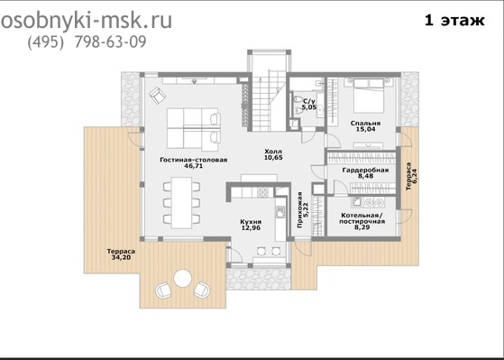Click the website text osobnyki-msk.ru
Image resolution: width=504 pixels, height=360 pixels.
[87, 22]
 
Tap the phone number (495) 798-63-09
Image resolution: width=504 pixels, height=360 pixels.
[87, 42]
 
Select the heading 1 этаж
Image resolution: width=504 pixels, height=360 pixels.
[454, 20]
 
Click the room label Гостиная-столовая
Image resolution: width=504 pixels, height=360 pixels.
[194, 160]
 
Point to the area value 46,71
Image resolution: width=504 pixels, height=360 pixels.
[194, 166]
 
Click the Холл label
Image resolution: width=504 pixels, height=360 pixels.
[273, 151]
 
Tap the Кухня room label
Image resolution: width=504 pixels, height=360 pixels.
[251, 222]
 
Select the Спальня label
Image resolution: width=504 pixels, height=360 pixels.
[365, 124]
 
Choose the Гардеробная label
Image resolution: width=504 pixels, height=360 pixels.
[365, 170]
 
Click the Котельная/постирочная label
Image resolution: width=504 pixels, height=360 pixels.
[362, 218]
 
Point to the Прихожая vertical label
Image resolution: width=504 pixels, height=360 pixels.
[299, 210]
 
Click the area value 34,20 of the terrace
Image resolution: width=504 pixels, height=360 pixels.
[121, 257]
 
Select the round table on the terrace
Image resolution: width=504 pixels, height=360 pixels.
[182, 278]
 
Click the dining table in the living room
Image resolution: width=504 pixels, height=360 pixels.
[181, 203]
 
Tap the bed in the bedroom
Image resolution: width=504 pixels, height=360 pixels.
[369, 96]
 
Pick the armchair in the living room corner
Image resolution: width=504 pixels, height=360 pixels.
[158, 96]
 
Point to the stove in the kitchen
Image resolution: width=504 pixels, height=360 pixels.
[262, 192]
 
